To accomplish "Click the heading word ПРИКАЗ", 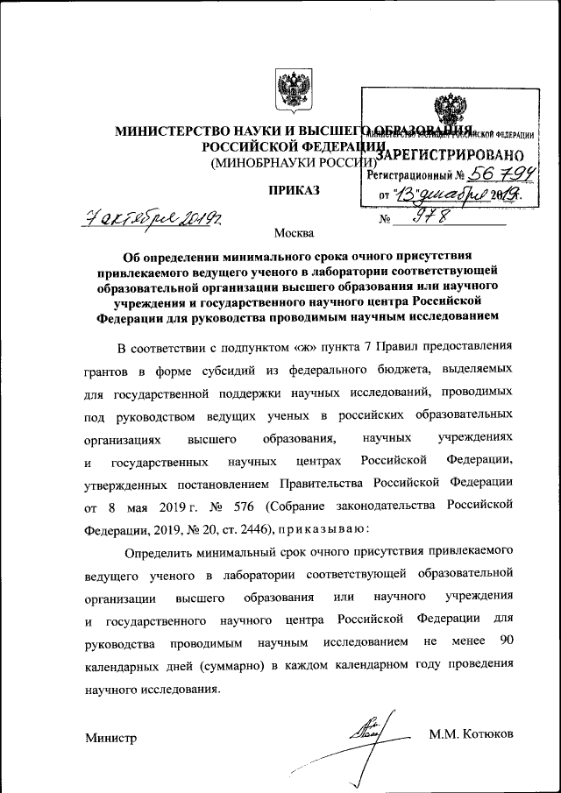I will coord(295,190).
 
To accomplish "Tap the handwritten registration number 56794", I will coord(500,174).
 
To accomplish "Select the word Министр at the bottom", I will coord(111,739).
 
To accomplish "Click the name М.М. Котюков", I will coord(472,733).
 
